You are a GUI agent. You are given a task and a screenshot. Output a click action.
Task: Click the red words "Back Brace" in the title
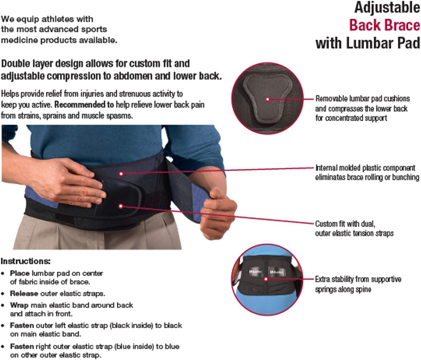pyautogui.click(x=384, y=25)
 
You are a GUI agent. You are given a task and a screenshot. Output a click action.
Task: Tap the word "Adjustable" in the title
pyautogui.click(x=387, y=7)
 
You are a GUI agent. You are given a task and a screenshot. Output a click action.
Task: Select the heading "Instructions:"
pyautogui.click(x=25, y=261)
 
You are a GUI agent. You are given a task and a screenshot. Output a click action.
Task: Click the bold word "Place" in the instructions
pyautogui.click(x=20, y=273)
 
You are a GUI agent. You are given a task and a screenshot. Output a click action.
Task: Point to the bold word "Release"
pyautogui.click(x=24, y=294)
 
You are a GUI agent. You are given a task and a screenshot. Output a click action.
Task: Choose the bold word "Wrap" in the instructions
pyautogui.click(x=19, y=305)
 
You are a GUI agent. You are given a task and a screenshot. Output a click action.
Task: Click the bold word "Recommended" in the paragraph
pyautogui.click(x=84, y=105)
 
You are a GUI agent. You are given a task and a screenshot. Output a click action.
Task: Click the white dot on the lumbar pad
pyautogui.click(x=267, y=99)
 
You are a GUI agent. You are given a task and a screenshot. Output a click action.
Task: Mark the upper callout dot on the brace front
pyautogui.click(x=121, y=174)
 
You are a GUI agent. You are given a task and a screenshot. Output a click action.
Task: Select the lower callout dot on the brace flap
pyautogui.click(x=121, y=206)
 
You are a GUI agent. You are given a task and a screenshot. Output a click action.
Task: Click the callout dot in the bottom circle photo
pyautogui.click(x=266, y=279)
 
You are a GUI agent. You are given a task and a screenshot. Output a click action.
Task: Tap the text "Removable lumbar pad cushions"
pyautogui.click(x=362, y=99)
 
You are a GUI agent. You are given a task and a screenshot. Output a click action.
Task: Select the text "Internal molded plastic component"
pyautogui.click(x=365, y=168)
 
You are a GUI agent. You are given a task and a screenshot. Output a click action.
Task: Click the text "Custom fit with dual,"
pyautogui.click(x=345, y=224)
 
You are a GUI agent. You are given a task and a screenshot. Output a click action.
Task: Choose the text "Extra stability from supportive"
pyautogui.click(x=358, y=279)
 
